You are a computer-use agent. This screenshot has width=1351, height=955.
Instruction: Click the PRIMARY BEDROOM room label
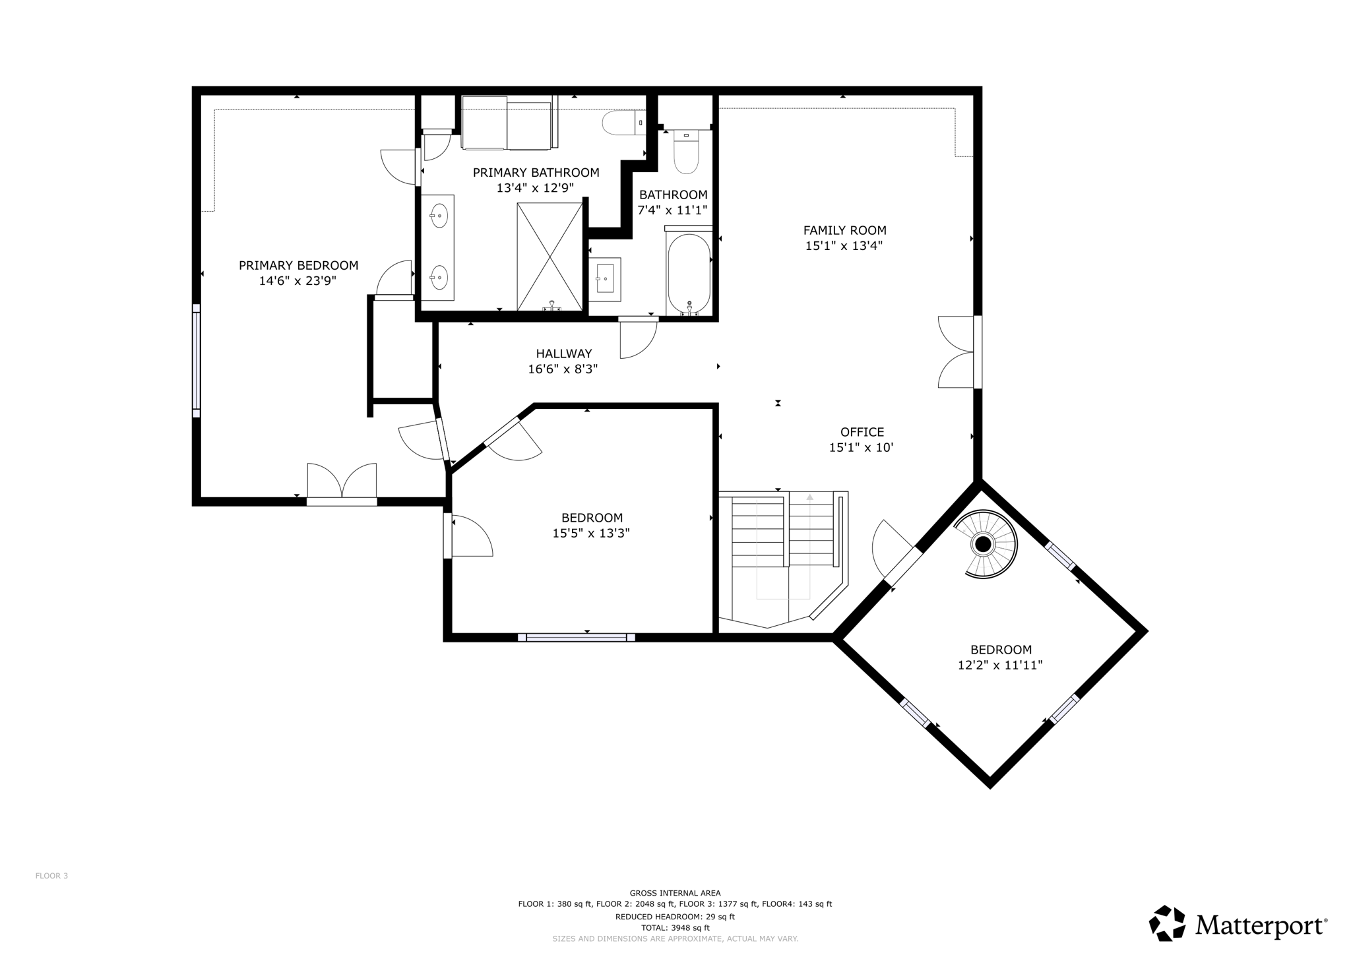(298, 265)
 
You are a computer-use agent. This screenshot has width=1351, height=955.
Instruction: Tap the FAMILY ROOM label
(844, 230)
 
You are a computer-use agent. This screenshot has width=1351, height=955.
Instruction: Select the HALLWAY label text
(563, 354)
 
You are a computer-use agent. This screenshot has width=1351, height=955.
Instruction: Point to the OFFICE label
(862, 432)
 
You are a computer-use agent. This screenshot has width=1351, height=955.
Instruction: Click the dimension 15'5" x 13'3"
(591, 533)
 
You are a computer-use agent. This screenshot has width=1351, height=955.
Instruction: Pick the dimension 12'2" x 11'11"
(1000, 665)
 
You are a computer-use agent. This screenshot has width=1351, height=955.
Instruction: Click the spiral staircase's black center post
(983, 544)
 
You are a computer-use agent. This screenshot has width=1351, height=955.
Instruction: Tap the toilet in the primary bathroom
(623, 123)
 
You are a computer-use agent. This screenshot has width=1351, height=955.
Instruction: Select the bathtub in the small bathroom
(689, 273)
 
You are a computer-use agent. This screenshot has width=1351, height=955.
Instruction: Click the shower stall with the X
(550, 257)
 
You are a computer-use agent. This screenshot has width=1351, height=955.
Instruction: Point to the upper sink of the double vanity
(439, 216)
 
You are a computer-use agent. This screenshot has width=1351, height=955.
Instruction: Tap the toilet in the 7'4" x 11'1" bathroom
(686, 152)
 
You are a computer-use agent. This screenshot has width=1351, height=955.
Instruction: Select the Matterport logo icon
(1167, 923)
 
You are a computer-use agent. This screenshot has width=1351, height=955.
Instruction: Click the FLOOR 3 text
(51, 876)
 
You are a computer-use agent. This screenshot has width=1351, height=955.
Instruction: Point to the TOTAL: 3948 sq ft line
(675, 928)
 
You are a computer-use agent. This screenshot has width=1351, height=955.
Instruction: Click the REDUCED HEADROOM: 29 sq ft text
(675, 917)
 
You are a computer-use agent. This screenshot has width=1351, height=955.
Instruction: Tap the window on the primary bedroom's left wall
(196, 361)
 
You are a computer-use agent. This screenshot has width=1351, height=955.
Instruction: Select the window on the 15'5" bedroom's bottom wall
(577, 638)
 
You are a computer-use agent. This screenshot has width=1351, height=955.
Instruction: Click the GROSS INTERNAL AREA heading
(675, 893)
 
